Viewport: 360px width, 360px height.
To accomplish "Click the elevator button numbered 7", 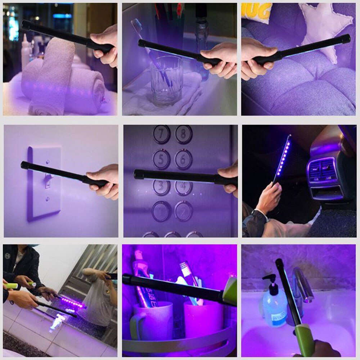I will click(x=162, y=134).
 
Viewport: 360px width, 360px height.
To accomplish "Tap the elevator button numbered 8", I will click(x=184, y=134).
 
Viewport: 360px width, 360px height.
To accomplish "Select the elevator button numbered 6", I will click(x=184, y=159).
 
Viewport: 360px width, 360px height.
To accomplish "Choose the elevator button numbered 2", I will click(x=184, y=211).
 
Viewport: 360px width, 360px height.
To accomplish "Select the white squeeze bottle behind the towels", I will click(x=25, y=54).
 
